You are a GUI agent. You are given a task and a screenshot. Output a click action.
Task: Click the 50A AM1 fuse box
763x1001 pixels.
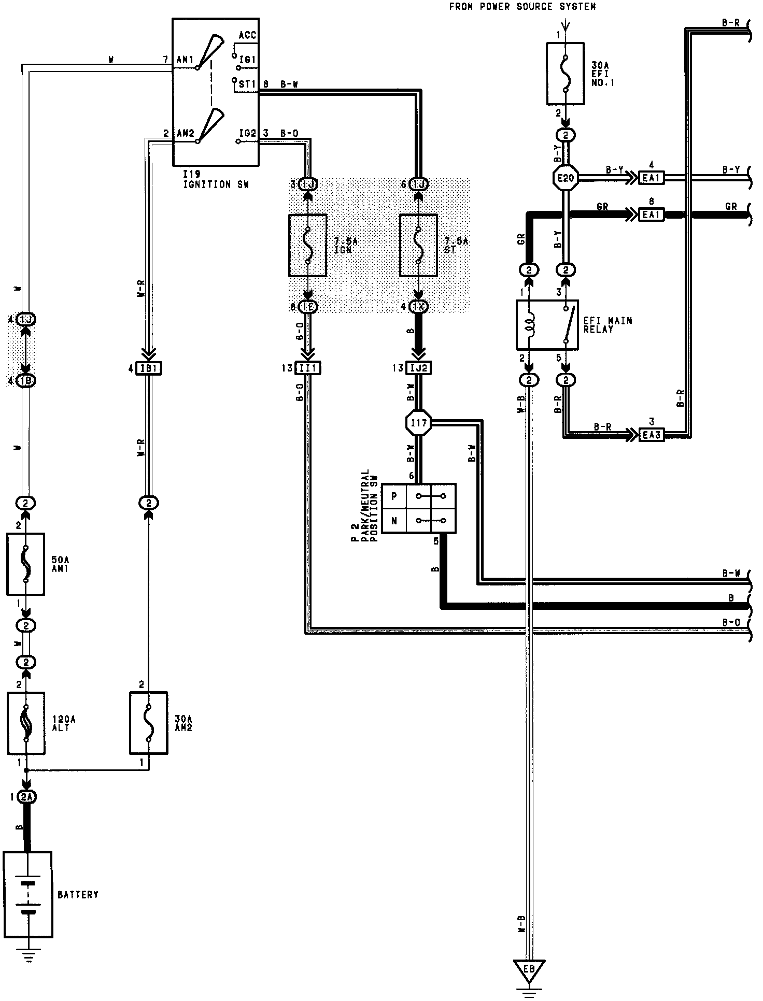pyautogui.click(x=25, y=564)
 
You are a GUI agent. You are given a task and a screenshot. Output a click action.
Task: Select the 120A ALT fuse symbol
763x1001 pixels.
pyautogui.click(x=26, y=723)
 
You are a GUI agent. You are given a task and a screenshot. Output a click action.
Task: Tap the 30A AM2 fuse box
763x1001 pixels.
pyautogui.click(x=148, y=723)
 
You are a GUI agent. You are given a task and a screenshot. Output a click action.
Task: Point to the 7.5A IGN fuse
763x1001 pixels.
pyautogui.click(x=307, y=245)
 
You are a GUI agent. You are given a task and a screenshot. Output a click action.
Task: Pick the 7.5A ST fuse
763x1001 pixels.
pyautogui.click(x=418, y=245)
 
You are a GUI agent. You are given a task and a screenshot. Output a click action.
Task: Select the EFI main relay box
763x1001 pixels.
pyautogui.click(x=547, y=325)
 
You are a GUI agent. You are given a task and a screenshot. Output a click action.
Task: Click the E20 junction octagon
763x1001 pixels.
pyautogui.click(x=566, y=178)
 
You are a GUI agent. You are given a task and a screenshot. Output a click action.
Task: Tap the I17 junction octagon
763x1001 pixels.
pyautogui.click(x=418, y=424)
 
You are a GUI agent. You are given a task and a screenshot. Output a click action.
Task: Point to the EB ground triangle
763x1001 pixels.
pyautogui.click(x=528, y=969)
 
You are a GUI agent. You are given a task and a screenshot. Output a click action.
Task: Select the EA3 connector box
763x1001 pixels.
pyautogui.click(x=651, y=434)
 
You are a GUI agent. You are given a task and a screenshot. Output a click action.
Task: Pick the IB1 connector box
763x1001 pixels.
pyautogui.click(x=149, y=368)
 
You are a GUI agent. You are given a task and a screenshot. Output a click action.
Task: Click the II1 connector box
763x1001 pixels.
pyautogui.click(x=308, y=368)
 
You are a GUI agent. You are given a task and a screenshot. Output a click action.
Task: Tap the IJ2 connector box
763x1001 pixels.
pyautogui.click(x=419, y=368)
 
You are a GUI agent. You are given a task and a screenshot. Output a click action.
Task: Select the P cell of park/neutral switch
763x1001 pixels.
pyautogui.click(x=394, y=496)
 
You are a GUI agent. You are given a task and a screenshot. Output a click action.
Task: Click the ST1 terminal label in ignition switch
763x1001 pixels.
pyautogui.click(x=247, y=83)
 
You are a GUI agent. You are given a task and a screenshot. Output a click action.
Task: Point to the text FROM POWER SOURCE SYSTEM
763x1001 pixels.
pyautogui.click(x=522, y=7)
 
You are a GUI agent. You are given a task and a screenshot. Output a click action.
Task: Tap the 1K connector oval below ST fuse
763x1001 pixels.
pyautogui.click(x=419, y=306)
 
